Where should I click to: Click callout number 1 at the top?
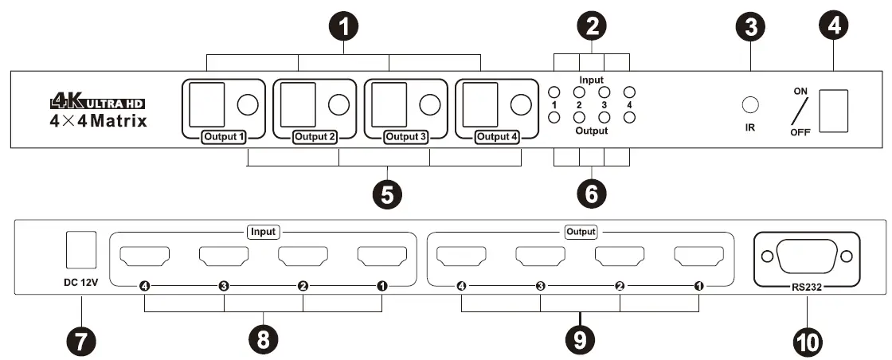pyautogui.click(x=343, y=26)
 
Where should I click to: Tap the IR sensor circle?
pyautogui.click(x=749, y=104)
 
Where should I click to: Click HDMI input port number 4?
pyautogui.click(x=143, y=257)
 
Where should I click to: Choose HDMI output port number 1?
pyautogui.click(x=698, y=257)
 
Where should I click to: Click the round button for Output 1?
pyautogui.click(x=248, y=104)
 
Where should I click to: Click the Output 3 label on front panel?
pyautogui.click(x=407, y=136)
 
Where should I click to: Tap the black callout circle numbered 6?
pyautogui.click(x=592, y=192)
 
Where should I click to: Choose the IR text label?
pyautogui.click(x=749, y=127)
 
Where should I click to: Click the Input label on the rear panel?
pyautogui.click(x=263, y=232)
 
